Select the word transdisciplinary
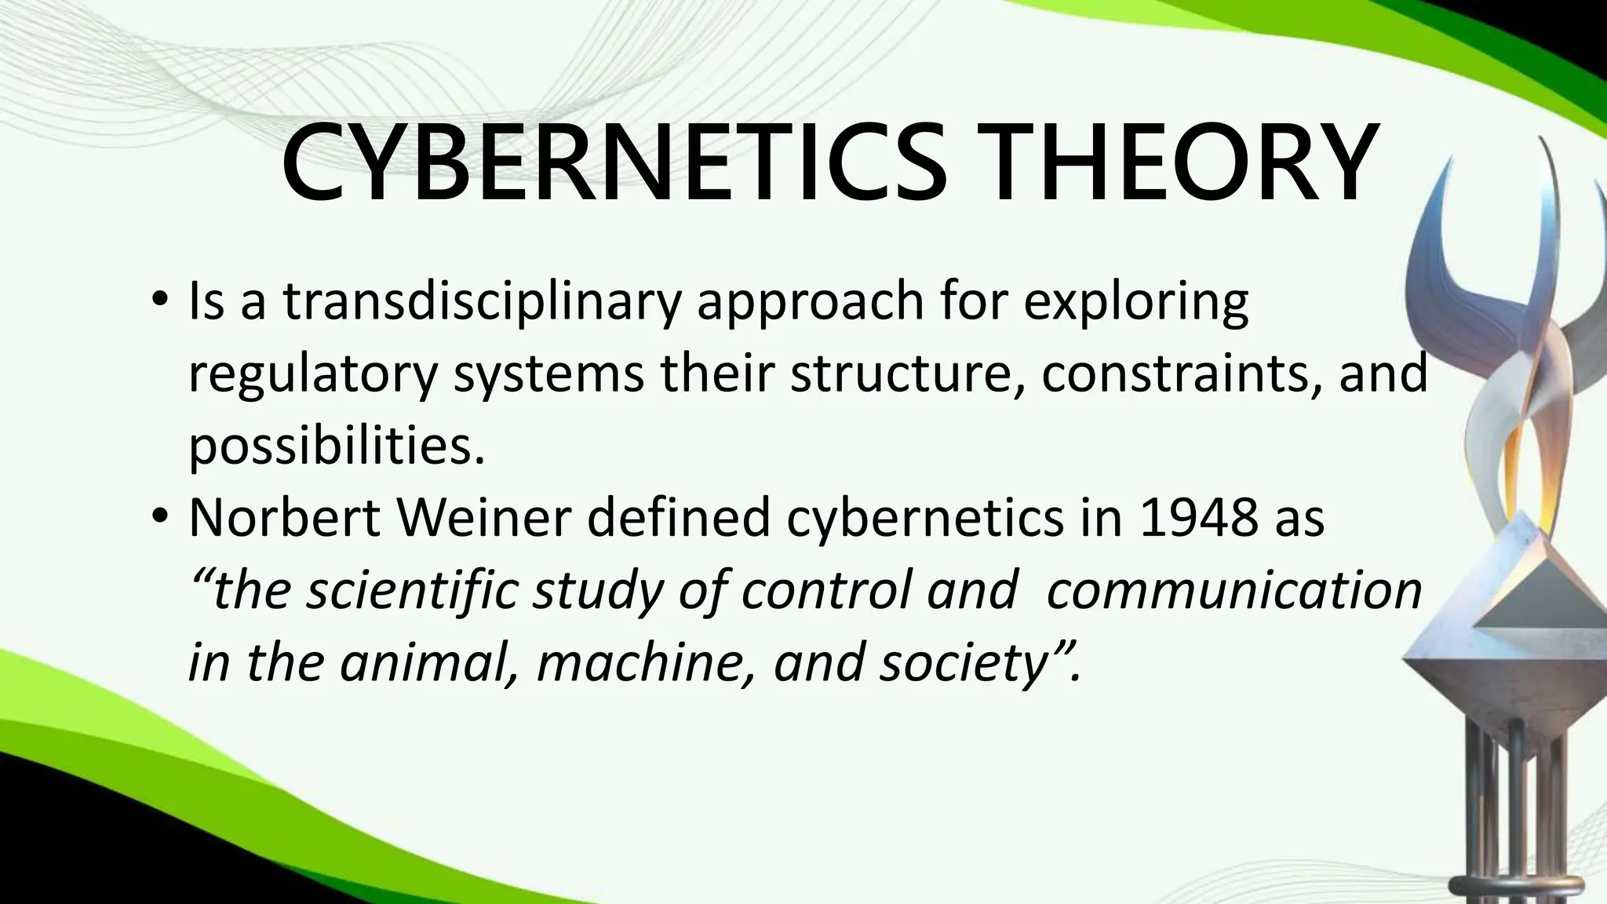481,303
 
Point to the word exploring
1135,303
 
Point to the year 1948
1199,518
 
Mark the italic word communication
1233,590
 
